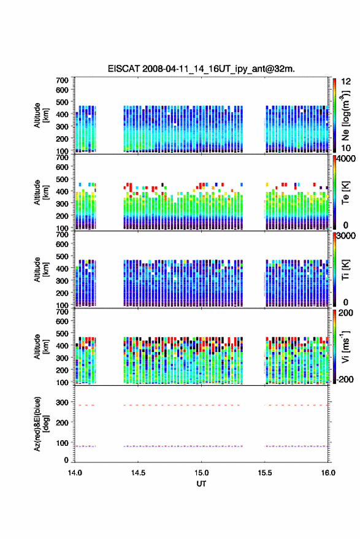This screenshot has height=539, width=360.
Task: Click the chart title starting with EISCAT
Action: [201, 69]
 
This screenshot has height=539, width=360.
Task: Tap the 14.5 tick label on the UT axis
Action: [138, 473]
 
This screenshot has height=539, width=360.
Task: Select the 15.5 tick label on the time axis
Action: [264, 473]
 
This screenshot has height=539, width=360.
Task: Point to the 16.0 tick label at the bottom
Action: [328, 473]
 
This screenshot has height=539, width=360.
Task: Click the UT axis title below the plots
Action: [201, 484]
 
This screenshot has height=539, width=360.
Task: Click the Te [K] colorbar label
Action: [345, 193]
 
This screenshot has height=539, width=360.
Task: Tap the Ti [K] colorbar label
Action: [345, 270]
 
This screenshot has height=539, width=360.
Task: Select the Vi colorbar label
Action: [345, 346]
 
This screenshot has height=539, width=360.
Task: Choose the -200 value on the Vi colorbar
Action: [345, 380]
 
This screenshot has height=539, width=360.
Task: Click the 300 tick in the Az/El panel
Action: [62, 402]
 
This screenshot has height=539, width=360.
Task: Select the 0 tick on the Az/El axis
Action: [66, 460]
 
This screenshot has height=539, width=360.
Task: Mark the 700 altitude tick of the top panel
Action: [62, 80]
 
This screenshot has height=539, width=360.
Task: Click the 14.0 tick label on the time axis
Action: [75, 473]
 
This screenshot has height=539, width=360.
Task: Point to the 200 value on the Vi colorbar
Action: [345, 313]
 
